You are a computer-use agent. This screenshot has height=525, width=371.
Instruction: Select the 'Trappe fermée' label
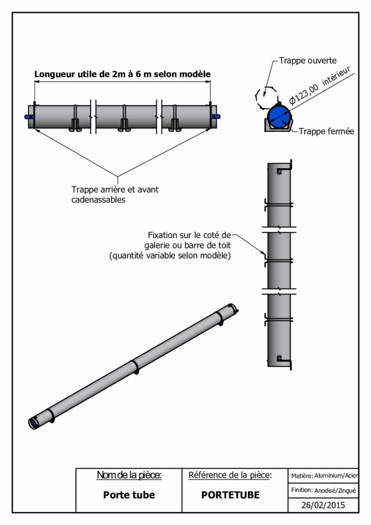point(326,131)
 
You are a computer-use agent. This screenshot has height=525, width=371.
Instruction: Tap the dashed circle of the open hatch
point(266,96)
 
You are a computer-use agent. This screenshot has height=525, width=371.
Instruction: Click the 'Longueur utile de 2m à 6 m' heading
point(122,74)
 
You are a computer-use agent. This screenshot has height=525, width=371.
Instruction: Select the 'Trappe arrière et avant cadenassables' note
point(115,194)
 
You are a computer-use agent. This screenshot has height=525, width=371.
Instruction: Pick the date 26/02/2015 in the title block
point(323,505)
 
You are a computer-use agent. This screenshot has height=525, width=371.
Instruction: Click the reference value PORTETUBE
point(230,495)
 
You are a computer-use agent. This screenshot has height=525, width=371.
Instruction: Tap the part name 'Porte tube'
point(129,495)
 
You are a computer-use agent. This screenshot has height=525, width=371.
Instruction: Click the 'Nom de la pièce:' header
point(129,475)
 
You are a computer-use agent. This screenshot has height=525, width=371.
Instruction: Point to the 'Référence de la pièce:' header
point(230,475)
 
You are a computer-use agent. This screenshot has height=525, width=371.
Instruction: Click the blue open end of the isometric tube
point(33,423)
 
